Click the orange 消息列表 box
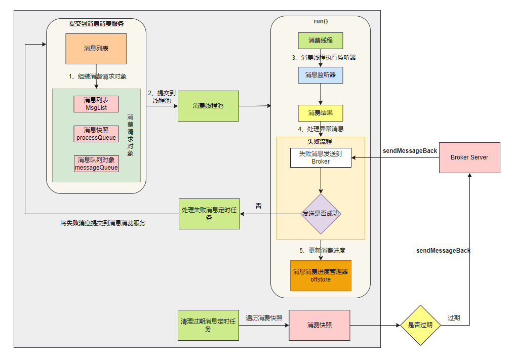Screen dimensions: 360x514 tap(96, 49)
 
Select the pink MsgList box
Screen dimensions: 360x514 tap(96, 104)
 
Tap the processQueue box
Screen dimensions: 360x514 tap(96, 134)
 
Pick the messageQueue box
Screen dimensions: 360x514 tap(96, 164)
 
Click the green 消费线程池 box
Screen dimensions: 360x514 tap(208, 106)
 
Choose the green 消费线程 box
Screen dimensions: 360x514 tap(320, 41)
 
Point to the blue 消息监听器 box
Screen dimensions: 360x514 tap(320, 75)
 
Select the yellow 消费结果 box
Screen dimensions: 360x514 tap(320, 113)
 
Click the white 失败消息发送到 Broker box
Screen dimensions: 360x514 tap(321, 157)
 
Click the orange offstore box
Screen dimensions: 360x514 tap(321, 275)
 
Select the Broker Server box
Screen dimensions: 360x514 tap(469, 157)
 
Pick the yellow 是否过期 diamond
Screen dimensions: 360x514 tap(420, 325)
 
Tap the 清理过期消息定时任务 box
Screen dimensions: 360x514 tap(209, 325)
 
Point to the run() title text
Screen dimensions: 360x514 tap(321, 22)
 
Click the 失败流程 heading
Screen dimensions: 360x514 tap(320, 141)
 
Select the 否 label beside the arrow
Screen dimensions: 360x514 tap(259, 206)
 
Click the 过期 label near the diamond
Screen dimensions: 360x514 tap(454, 318)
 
